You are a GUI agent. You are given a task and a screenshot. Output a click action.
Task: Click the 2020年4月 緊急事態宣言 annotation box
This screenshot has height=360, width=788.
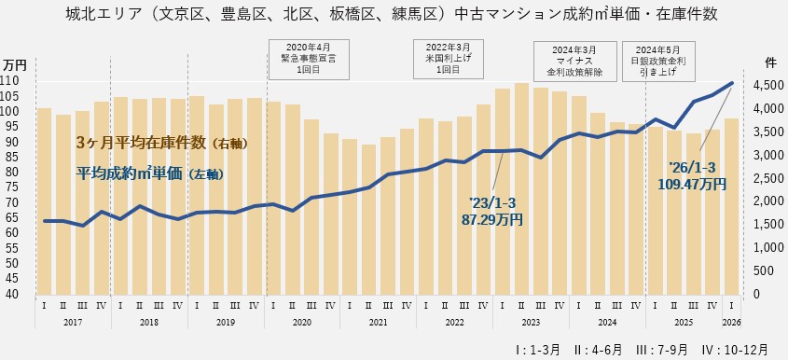pyautogui.click(x=307, y=57)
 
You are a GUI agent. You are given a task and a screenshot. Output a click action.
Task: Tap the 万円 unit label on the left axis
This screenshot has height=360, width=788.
pyautogui.click(x=14, y=64)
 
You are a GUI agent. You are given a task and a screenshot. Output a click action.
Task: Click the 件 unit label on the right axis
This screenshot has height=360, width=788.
pyautogui.click(x=770, y=62)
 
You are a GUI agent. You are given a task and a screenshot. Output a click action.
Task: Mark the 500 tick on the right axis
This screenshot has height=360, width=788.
pyautogui.click(x=762, y=270)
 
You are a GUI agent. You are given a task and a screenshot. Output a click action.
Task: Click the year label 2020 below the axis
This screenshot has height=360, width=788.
pyautogui.click(x=302, y=322)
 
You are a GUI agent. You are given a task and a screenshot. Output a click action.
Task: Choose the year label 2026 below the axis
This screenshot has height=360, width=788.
pyautogui.click(x=732, y=322)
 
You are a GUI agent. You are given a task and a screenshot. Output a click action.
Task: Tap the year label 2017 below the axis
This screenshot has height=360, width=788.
pyautogui.click(x=73, y=322)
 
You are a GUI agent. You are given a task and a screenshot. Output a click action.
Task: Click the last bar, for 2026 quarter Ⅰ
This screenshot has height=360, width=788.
pyautogui.click(x=732, y=205)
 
